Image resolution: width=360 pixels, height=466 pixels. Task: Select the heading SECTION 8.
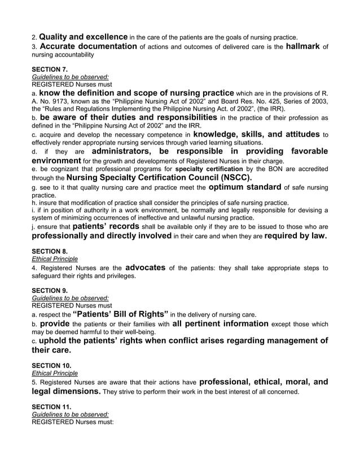pos(50,252)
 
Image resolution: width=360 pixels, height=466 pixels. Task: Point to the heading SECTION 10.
pos(51,366)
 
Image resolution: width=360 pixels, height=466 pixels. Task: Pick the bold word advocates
pos(145,267)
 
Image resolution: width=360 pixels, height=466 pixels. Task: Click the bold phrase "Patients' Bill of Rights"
pos(121,314)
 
